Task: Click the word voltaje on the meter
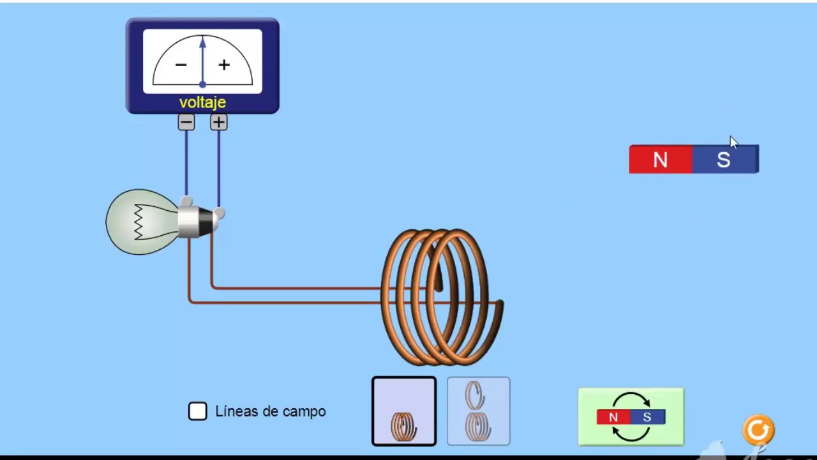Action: pyautogui.click(x=202, y=103)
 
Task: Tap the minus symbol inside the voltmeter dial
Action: pyautogui.click(x=181, y=65)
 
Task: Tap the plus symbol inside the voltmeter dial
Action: pyautogui.click(x=224, y=65)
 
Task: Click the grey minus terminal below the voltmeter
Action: pyautogui.click(x=186, y=122)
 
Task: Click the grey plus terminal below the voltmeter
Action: pyautogui.click(x=219, y=122)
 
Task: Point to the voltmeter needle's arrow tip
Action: pyautogui.click(x=202, y=40)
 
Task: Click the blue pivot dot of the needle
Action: pyautogui.click(x=202, y=84)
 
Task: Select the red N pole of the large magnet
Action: pyautogui.click(x=661, y=160)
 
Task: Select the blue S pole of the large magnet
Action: pyautogui.click(x=724, y=160)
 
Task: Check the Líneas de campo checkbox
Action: pyautogui.click(x=198, y=411)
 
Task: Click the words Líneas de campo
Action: pyautogui.click(x=271, y=411)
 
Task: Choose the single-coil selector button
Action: pyautogui.click(x=404, y=411)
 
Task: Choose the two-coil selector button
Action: pyautogui.click(x=479, y=411)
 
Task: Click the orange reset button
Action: pyautogui.click(x=758, y=430)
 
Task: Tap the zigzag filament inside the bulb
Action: pyautogui.click(x=138, y=222)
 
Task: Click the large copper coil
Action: pyautogui.click(x=440, y=297)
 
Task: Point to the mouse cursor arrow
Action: pyautogui.click(x=733, y=142)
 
